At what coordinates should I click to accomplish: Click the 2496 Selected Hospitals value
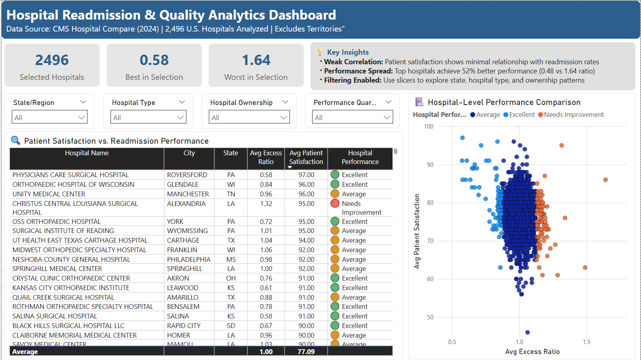pyautogui.click(x=52, y=60)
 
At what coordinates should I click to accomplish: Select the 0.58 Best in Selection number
pyautogui.click(x=154, y=60)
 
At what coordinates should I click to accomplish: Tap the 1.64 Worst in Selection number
pyautogui.click(x=256, y=60)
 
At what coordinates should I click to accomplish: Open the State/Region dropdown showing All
pyautogui.click(x=49, y=117)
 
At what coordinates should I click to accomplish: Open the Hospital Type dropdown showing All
pyautogui.click(x=148, y=117)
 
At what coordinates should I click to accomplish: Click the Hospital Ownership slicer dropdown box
pyautogui.click(x=249, y=117)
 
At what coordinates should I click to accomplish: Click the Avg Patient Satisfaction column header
pyautogui.click(x=306, y=158)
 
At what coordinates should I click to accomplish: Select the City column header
pyautogui.click(x=189, y=153)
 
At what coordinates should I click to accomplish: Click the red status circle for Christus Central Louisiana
pyautogui.click(x=335, y=204)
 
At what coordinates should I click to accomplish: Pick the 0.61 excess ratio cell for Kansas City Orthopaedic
pyautogui.click(x=266, y=288)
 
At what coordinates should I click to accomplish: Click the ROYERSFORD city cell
pyautogui.click(x=187, y=175)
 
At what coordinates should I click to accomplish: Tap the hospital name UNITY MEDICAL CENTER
pyautogui.click(x=49, y=194)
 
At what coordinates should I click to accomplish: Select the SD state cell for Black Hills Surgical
pyautogui.click(x=231, y=326)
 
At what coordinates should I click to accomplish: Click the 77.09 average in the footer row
pyautogui.click(x=306, y=352)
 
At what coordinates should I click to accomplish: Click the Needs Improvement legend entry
pyautogui.click(x=571, y=115)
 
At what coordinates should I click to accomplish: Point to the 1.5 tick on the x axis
pyautogui.click(x=586, y=342)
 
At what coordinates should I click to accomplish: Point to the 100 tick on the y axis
pyautogui.click(x=429, y=127)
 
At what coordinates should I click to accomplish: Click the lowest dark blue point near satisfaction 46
pyautogui.click(x=528, y=332)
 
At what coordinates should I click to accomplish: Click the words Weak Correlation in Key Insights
pyautogui.click(x=353, y=62)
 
